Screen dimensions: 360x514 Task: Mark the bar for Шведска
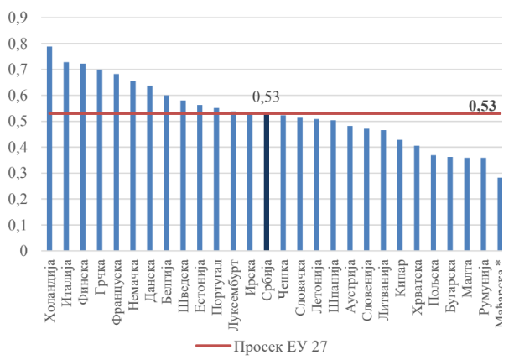click(183, 176)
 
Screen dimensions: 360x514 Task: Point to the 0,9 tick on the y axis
click(18, 18)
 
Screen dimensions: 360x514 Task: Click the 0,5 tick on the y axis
click(18, 122)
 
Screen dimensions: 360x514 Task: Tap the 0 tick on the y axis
click(23, 251)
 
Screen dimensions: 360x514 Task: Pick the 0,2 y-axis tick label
click(18, 200)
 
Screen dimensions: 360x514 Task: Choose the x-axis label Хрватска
click(417, 290)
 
